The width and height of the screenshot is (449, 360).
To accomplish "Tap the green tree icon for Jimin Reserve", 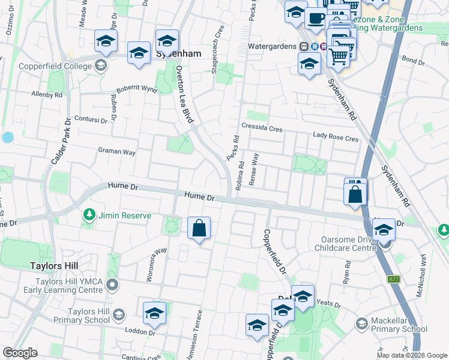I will [89, 214].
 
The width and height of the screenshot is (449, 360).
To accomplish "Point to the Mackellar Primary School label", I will [399, 324].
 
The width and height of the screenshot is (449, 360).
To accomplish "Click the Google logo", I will [20, 353].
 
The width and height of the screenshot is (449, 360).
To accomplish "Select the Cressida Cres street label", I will [262, 127].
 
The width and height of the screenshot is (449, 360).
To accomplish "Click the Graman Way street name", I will [117, 152].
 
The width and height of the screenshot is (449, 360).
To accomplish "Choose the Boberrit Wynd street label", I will [136, 89].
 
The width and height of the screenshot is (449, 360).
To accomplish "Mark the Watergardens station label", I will [273, 47].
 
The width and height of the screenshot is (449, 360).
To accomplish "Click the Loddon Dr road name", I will [140, 330].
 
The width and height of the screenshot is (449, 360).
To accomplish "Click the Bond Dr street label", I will [413, 60].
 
